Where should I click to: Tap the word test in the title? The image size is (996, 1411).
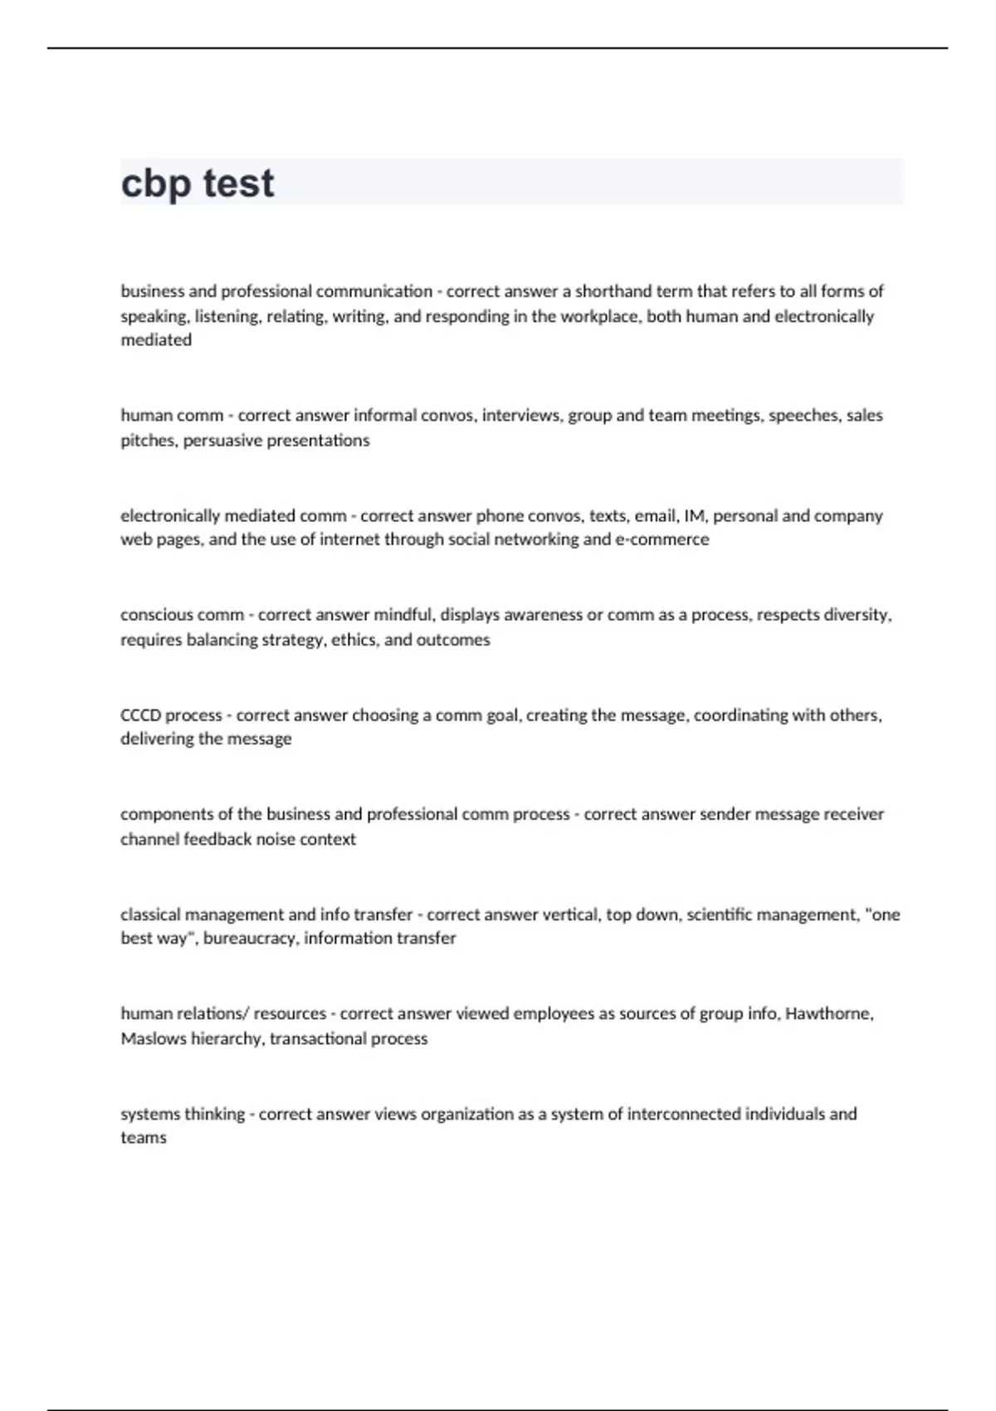pos(238,183)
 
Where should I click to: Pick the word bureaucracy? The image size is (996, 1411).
pos(250,938)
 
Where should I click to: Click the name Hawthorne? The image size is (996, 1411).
pos(828,1013)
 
